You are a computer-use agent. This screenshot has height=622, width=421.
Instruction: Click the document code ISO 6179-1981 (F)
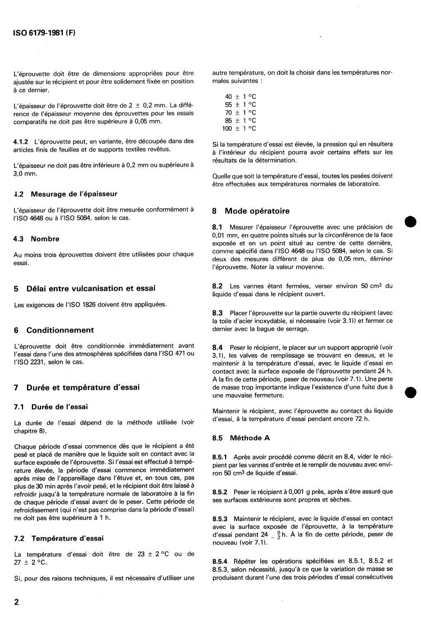click(44, 33)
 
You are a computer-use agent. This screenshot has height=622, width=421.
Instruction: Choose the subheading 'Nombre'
click(45, 239)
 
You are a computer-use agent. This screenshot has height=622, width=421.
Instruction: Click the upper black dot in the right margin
click(410, 221)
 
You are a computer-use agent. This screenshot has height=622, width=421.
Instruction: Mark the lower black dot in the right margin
click(410, 392)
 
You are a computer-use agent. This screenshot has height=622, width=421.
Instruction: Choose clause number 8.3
click(218, 327)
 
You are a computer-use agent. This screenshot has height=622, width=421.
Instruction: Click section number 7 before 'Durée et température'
click(16, 388)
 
